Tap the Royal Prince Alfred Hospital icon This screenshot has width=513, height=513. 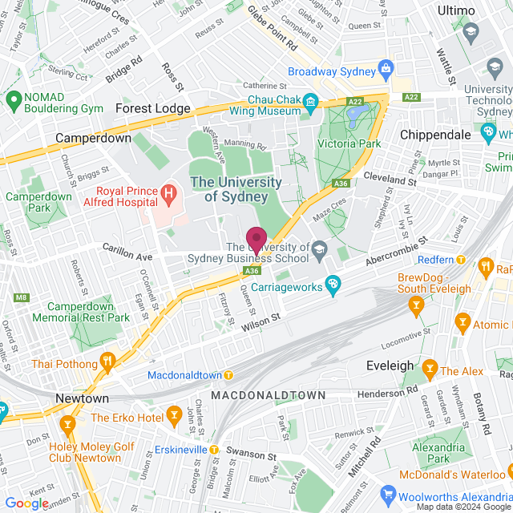(x=168, y=193)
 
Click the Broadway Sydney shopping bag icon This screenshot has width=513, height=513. (x=386, y=70)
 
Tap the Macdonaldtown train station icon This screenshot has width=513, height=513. (x=228, y=375)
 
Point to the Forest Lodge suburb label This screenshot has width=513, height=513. (x=153, y=108)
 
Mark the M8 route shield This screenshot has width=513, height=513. (x=21, y=298)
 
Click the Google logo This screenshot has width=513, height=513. (x=26, y=503)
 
